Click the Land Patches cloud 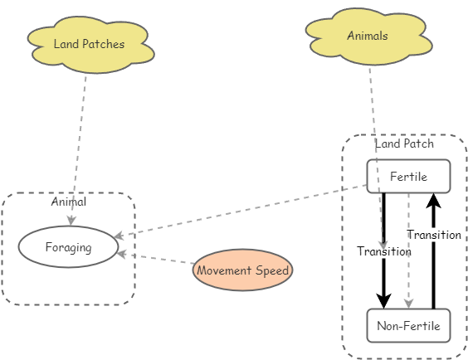(x=90, y=45)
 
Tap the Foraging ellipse (x=68, y=247)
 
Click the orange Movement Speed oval (x=243, y=270)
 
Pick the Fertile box (x=408, y=176)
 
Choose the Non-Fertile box (x=408, y=325)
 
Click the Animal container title (x=68, y=202)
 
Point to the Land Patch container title (x=404, y=144)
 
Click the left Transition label (x=384, y=251)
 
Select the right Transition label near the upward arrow (x=434, y=235)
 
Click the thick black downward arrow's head (x=384, y=300)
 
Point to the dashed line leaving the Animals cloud (x=374, y=108)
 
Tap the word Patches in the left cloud (x=105, y=45)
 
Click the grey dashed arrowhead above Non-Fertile (x=408, y=303)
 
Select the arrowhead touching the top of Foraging (x=72, y=221)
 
